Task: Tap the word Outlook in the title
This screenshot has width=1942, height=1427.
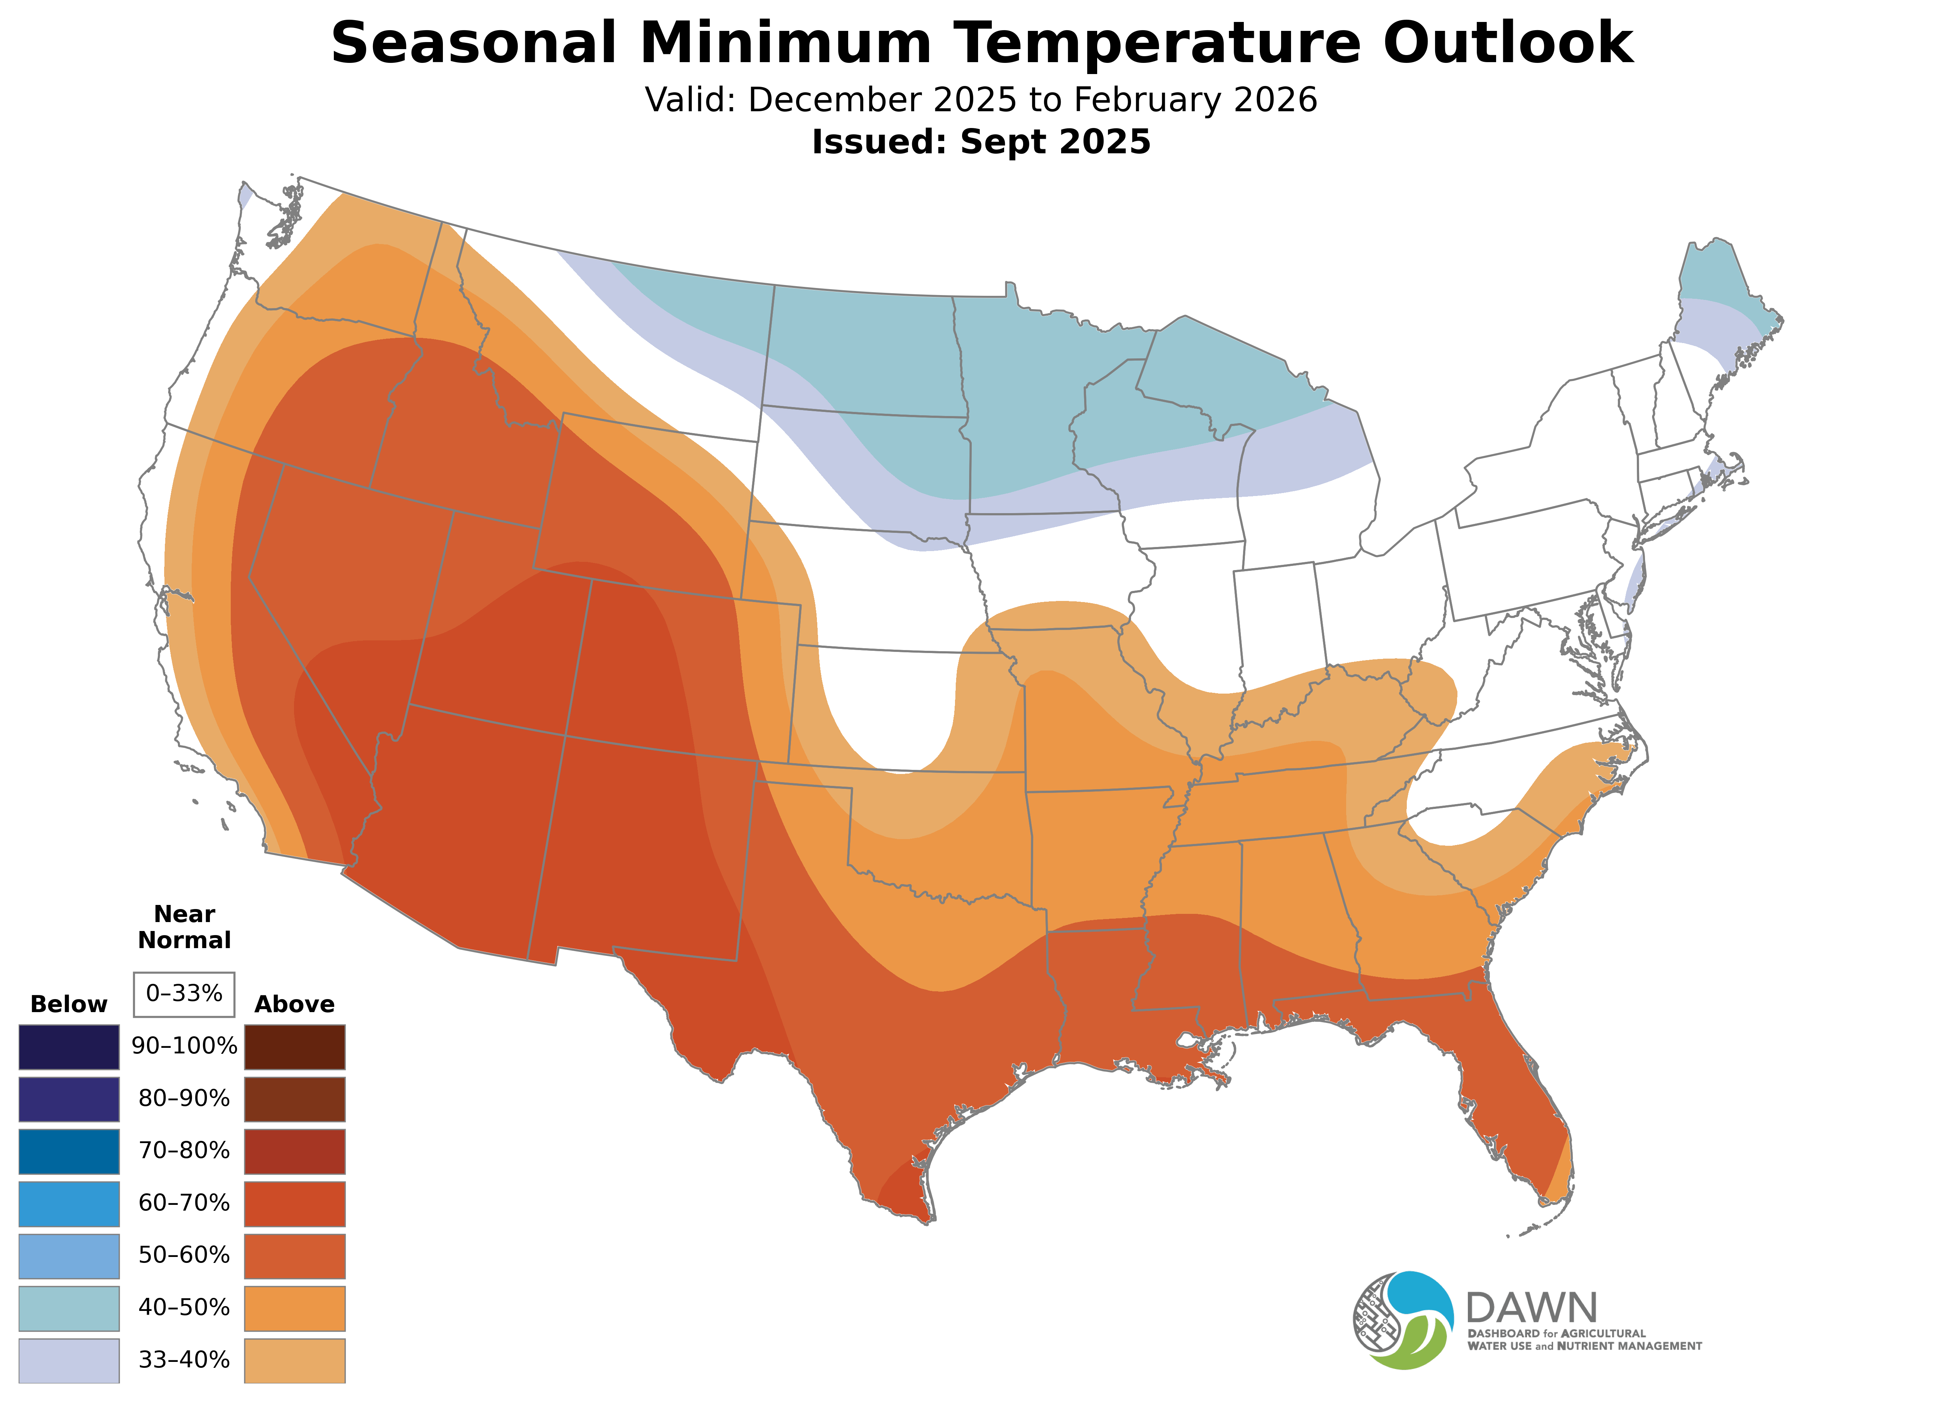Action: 1507,43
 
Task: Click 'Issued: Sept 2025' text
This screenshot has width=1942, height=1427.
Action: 981,142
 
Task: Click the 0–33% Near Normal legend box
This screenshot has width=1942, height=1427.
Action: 184,994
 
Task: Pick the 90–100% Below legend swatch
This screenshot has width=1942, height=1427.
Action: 69,1047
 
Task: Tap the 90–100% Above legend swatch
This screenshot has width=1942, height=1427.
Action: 295,1047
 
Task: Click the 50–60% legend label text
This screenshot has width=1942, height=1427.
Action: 184,1255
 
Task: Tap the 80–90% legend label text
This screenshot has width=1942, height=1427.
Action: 184,1099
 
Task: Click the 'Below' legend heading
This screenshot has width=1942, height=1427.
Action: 69,1005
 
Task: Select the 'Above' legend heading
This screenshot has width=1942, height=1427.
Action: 295,1005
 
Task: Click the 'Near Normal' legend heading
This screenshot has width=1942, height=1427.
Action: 184,927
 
